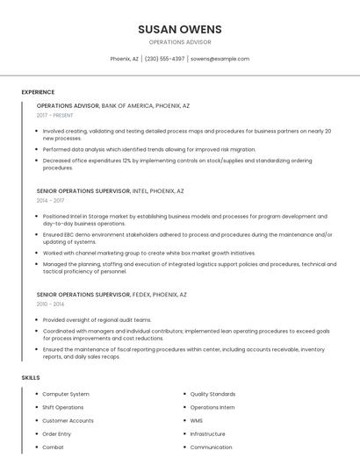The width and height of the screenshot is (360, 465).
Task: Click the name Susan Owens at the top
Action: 180,29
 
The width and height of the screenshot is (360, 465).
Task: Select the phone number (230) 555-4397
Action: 164,59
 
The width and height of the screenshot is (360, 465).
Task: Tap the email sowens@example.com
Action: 220,59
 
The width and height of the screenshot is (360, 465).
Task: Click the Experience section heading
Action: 38,92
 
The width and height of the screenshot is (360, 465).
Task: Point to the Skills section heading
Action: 31,377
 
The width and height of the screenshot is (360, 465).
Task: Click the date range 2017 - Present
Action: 54,115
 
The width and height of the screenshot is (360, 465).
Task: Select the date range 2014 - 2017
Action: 50,200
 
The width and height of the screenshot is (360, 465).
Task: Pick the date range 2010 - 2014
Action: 50,304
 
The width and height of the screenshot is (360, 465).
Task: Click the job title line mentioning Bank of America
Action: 112,105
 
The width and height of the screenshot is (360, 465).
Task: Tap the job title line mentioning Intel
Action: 110,190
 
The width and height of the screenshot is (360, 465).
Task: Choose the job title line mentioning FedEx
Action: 112,294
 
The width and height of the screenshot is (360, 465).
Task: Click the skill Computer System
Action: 66,395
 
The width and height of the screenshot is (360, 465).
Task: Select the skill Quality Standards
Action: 212,395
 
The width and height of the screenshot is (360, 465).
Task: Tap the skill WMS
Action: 196,421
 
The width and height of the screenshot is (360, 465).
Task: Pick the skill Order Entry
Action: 57,434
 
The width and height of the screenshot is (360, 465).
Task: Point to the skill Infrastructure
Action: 207,434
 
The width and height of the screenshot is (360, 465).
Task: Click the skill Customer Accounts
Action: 68,421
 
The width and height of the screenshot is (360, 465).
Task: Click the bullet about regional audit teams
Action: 97,320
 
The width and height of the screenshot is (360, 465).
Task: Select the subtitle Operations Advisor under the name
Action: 180,42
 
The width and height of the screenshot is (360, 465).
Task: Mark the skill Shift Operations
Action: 63,408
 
